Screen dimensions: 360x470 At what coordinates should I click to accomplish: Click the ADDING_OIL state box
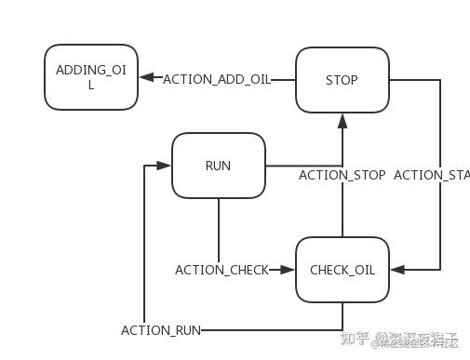(91, 78)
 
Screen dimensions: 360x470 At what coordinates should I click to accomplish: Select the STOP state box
(342, 80)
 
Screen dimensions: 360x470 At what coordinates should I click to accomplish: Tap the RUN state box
(219, 166)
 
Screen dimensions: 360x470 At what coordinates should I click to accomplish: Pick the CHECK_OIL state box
(342, 270)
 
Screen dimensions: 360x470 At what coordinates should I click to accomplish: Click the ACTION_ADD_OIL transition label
(217, 80)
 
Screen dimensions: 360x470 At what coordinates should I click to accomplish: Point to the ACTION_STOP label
(342, 175)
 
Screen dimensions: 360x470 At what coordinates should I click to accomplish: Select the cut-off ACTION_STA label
(432, 175)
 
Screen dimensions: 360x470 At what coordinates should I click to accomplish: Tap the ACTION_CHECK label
(222, 270)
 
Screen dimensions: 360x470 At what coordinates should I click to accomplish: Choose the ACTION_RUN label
(161, 330)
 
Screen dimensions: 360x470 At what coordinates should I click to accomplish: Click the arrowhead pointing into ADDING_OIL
(147, 79)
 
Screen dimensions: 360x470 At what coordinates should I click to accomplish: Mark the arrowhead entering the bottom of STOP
(342, 120)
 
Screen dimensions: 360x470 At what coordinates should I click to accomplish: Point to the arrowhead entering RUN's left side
(165, 166)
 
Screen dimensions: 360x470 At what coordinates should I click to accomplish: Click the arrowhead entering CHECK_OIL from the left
(289, 270)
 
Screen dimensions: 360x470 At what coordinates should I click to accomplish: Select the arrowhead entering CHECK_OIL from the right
(396, 270)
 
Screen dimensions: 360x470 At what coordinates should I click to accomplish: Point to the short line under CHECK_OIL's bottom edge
(342, 316)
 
